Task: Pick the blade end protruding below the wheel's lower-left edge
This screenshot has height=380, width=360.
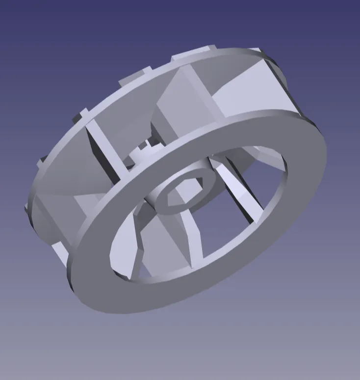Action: pos(60,253)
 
